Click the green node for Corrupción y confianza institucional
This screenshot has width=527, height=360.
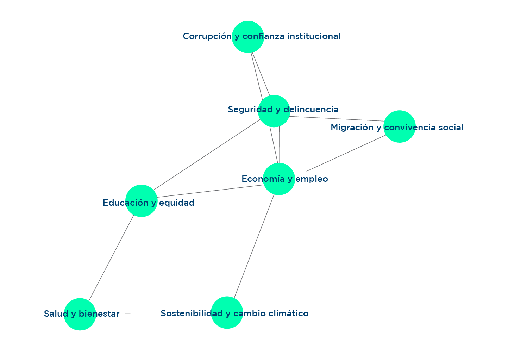coord(248,37)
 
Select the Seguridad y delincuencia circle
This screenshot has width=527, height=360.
coord(274,111)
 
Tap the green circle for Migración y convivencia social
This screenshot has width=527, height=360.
coord(399,126)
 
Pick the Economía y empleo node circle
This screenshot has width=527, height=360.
coord(278,179)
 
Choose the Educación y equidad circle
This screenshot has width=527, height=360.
coord(141,201)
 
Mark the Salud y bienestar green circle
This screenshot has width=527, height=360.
coord(80,314)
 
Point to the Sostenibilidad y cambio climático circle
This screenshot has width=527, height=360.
coord(227,313)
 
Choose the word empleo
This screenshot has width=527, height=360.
coord(312,179)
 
